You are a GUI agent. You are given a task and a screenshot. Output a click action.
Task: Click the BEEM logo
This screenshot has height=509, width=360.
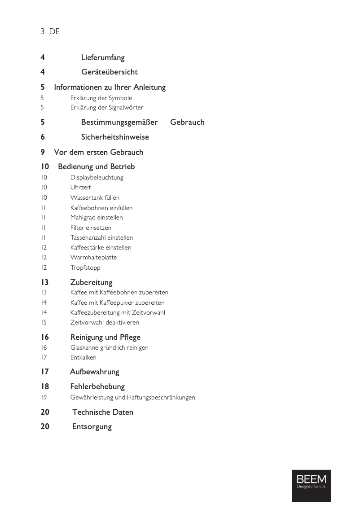pos(311,486)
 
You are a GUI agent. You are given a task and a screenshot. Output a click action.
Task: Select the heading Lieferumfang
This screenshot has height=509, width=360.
pos(103,57)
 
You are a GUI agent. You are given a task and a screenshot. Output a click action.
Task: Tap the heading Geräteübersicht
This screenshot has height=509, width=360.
pos(109,72)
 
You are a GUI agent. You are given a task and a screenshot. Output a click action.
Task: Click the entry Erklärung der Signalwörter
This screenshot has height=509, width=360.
pos(107,107)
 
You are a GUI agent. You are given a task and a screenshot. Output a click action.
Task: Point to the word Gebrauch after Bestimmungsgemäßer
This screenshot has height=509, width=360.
pos(187,122)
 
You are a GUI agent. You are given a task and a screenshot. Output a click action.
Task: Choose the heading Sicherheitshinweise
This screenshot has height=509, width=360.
pos(115,137)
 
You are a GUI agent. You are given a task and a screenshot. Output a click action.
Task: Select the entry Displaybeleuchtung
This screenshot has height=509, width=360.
pos(97,177)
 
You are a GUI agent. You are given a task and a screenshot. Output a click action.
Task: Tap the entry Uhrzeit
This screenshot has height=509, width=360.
pos(81,187)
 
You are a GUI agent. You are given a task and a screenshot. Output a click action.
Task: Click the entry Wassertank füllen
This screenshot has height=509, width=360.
pos(95,197)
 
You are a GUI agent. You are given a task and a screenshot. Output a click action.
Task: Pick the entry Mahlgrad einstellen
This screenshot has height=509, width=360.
pos(97,217)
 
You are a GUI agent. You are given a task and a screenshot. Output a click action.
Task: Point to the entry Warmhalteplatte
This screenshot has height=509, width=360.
pos(93,257)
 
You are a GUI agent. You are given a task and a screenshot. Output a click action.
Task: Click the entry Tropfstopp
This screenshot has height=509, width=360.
pos(85,268)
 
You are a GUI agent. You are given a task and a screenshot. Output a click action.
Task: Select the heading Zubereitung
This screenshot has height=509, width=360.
pos(91,282)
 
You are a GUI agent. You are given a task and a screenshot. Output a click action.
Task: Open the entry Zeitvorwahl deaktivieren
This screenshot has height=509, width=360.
pos(105,322)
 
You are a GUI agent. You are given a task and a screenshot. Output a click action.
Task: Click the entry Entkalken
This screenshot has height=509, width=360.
pos(83,357)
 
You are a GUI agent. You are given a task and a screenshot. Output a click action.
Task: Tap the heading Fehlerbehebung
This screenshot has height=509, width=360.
pos(97,386)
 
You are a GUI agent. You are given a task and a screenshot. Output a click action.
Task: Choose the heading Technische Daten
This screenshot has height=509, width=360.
pos(103,412)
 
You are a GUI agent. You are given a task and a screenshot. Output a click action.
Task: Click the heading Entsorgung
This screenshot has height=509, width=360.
pos(92,426)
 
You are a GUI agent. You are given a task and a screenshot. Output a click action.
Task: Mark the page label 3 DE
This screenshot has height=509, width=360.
pos(50,31)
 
